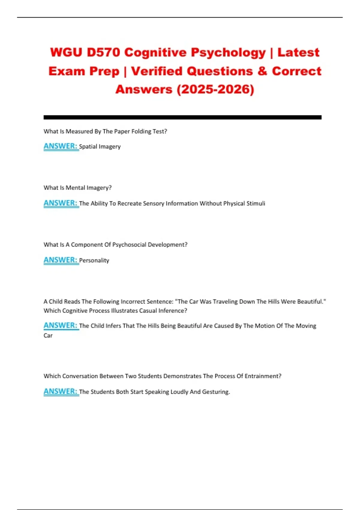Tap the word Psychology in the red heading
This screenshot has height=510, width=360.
(x=228, y=53)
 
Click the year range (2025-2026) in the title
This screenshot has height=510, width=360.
(x=215, y=89)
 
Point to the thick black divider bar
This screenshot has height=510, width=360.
(x=182, y=117)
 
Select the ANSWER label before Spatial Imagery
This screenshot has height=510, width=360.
(x=61, y=146)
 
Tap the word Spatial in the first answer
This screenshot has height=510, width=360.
(x=88, y=147)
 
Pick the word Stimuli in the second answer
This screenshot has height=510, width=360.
(x=256, y=203)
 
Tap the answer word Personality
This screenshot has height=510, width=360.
(x=94, y=260)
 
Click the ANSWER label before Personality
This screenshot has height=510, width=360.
(x=61, y=260)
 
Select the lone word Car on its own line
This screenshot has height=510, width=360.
(x=48, y=335)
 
